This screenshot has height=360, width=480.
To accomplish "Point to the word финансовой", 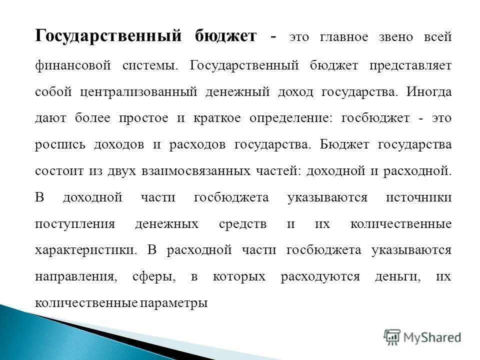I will [x=72, y=65].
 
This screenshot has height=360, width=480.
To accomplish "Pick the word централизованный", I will [x=144, y=92].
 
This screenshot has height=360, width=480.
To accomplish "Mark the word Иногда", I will [x=428, y=91].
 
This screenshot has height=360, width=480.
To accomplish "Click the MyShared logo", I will [x=422, y=337].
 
